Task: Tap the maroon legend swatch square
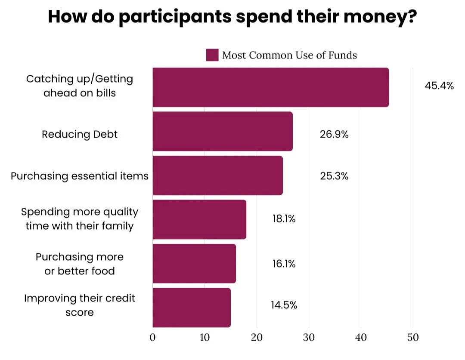[x=212, y=55]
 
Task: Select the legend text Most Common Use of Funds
[x=289, y=55]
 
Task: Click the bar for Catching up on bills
[x=270, y=87]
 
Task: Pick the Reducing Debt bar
[x=223, y=131]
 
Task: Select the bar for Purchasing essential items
[x=217, y=175]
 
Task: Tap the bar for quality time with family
[x=199, y=219]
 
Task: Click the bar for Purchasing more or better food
[x=194, y=264]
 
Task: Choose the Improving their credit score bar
[x=192, y=308]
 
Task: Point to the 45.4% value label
[x=439, y=86]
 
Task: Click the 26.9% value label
[x=334, y=134]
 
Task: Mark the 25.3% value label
[x=334, y=176]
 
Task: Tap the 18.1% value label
[x=284, y=219]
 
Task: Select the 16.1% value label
[x=284, y=263]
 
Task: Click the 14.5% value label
[x=284, y=305]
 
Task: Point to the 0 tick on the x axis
[x=153, y=338]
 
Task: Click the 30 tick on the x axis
[x=309, y=338]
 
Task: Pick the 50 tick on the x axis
[x=413, y=338]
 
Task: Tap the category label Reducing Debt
[x=80, y=134]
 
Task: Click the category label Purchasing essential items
[x=80, y=176]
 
